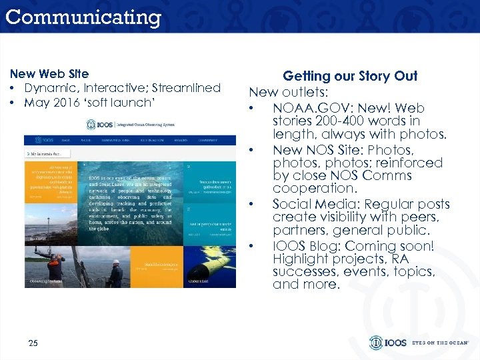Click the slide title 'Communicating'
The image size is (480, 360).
[83, 17]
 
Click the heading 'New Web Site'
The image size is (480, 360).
[49, 74]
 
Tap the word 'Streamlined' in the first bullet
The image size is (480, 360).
[187, 88]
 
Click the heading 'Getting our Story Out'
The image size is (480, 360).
[350, 76]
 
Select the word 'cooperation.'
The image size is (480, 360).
[310, 189]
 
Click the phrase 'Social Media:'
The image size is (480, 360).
[316, 204]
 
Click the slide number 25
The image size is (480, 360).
[33, 343]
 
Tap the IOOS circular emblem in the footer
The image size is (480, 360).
[377, 343]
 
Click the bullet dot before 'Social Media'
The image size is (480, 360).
[251, 204]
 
